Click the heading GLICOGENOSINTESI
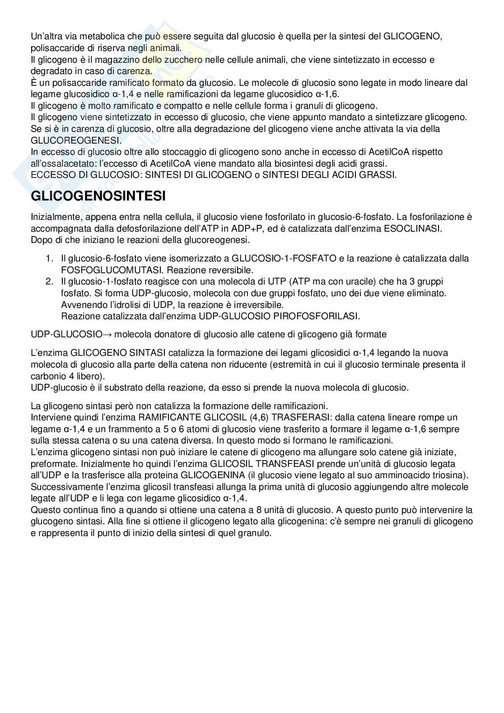98,196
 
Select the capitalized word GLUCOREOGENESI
76,140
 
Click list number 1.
49,259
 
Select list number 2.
49,282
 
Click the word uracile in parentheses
369,282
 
